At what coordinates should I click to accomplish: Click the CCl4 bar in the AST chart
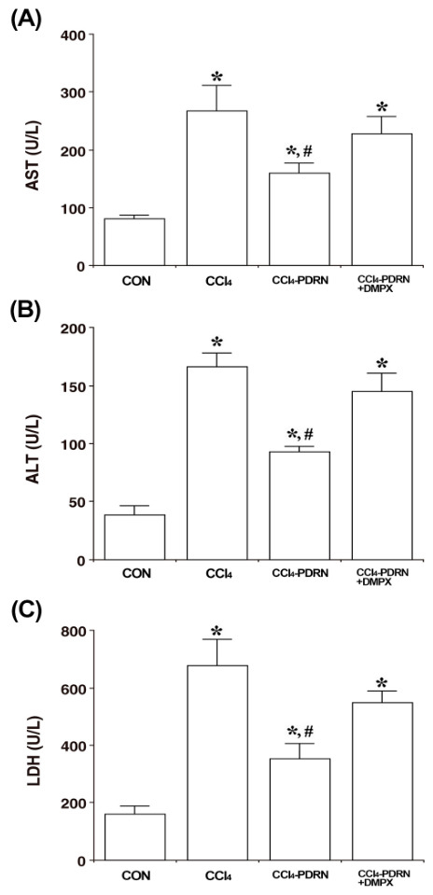coord(216,188)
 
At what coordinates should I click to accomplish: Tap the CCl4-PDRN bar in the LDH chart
coord(300,809)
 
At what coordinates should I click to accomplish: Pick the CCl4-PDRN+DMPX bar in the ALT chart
coord(382,475)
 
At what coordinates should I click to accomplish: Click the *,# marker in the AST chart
coord(300,152)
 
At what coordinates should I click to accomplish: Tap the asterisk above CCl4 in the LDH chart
coord(216,631)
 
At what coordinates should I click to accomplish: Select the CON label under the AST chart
coord(135,282)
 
